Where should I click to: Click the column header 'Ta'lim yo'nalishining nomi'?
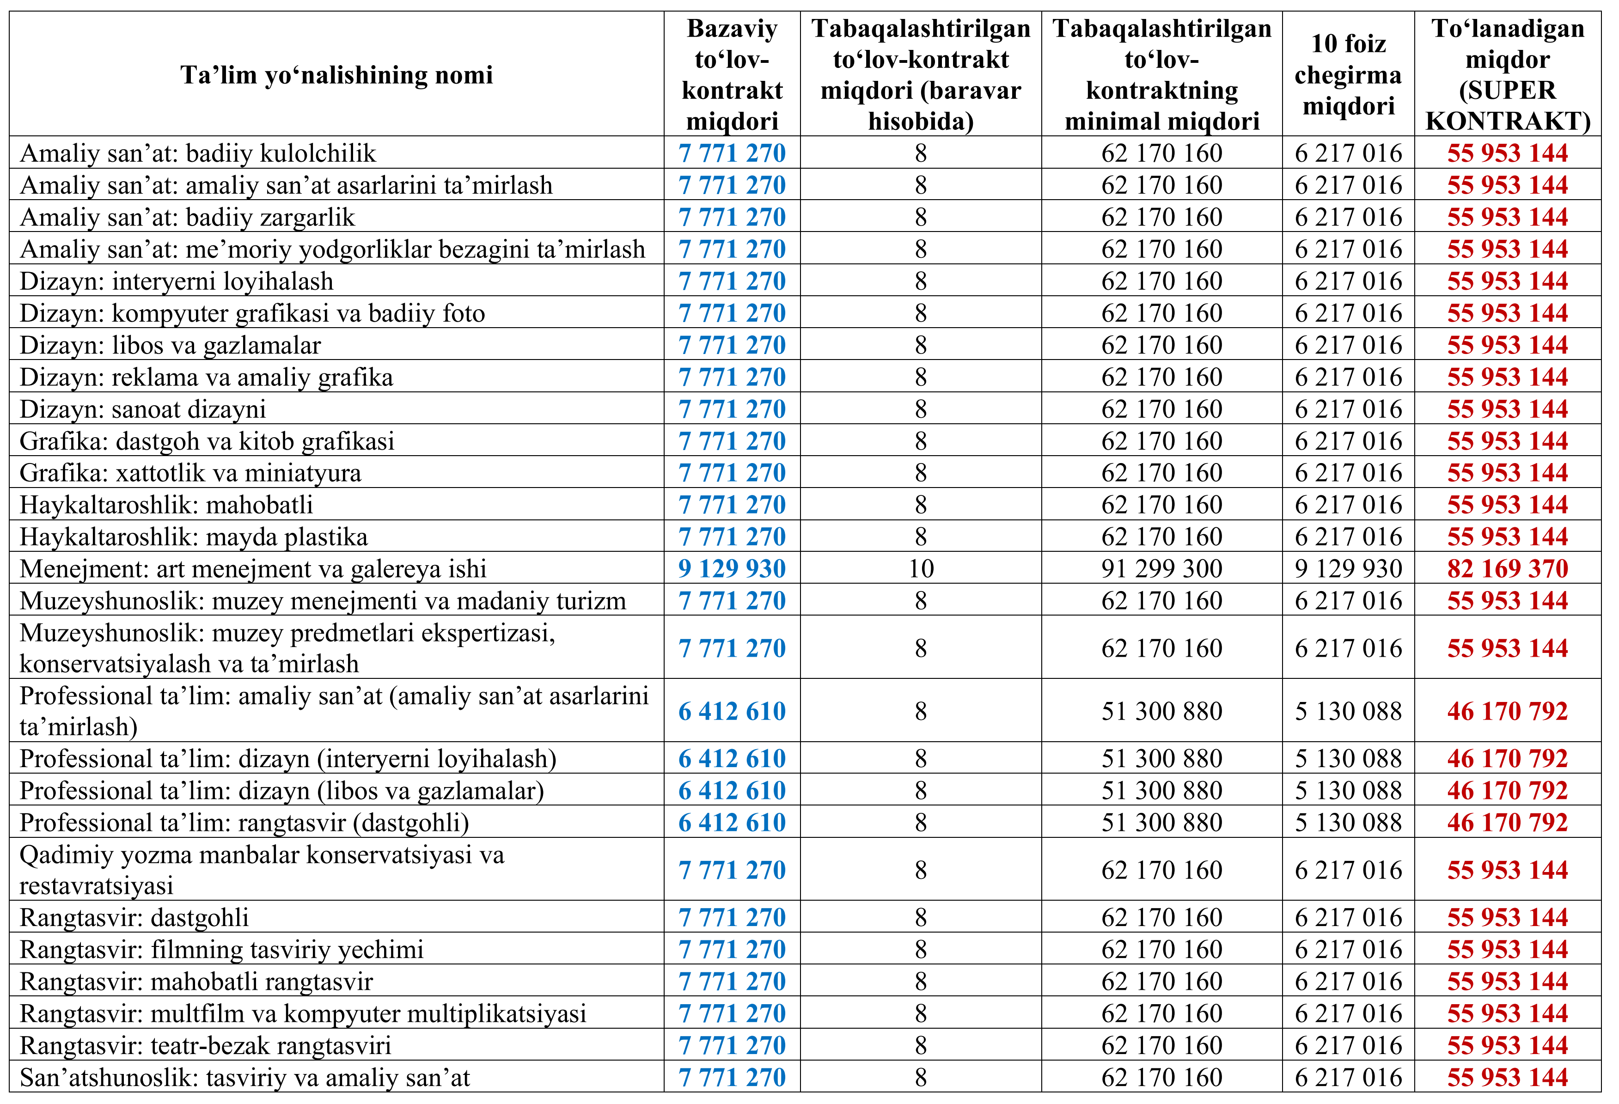point(336,74)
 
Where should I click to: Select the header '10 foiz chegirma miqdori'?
point(1348,74)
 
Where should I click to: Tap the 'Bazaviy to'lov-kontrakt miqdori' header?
point(732,74)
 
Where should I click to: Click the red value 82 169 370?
point(1508,568)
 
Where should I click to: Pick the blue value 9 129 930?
point(732,568)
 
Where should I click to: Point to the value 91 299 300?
point(1161,568)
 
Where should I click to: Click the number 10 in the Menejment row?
point(921,568)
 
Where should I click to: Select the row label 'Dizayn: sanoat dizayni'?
point(143,409)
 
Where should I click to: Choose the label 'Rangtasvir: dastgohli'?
point(134,917)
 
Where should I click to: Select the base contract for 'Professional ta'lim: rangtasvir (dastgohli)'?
point(732,822)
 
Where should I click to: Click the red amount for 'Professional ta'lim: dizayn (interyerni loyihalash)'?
point(1508,758)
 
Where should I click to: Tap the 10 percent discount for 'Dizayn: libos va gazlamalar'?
point(1348,345)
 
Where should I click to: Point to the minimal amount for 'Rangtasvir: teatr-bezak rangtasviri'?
point(1161,1045)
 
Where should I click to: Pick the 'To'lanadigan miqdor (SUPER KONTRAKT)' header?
point(1508,74)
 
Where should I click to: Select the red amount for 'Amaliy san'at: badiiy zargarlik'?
point(1508,217)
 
